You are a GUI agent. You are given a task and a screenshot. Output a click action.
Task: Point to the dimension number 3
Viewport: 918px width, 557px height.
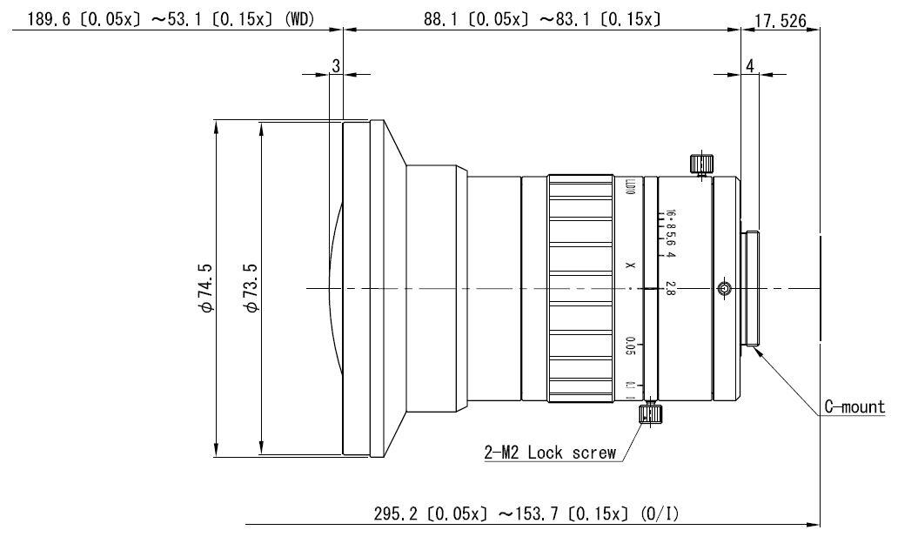click(x=336, y=66)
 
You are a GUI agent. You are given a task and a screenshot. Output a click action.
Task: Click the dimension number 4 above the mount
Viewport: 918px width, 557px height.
click(x=749, y=66)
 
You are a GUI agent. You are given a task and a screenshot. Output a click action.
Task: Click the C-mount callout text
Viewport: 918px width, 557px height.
click(x=854, y=406)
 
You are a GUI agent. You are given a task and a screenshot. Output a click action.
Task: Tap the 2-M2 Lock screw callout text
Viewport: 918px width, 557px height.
click(x=550, y=453)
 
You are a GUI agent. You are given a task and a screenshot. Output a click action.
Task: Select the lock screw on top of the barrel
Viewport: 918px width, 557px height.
click(x=700, y=164)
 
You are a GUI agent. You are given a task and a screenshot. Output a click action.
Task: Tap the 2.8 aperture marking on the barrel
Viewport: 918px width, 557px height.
click(x=670, y=288)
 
